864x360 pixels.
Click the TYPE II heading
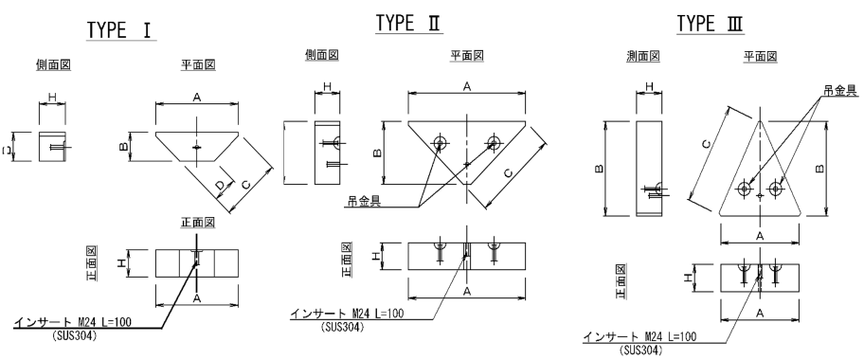pyautogui.click(x=409, y=23)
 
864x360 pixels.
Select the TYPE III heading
pyautogui.click(x=710, y=25)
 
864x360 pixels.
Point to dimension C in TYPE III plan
pyautogui.click(x=706, y=144)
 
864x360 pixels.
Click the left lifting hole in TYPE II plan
pyautogui.click(x=440, y=143)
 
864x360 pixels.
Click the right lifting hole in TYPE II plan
pyautogui.click(x=494, y=143)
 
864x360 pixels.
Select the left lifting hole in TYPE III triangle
pyautogui.click(x=745, y=189)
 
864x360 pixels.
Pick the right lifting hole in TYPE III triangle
pyautogui.click(x=776, y=189)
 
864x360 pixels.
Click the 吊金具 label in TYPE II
pyautogui.click(x=364, y=201)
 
